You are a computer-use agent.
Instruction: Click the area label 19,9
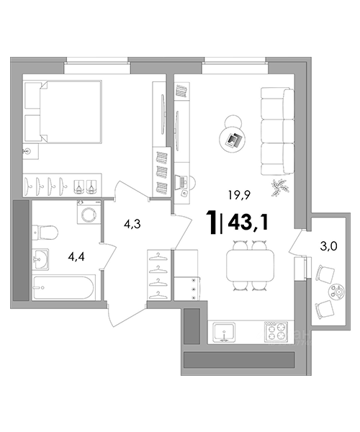tap(238, 195)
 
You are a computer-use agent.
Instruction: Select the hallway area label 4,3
tap(132, 224)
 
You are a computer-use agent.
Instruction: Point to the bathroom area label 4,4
tap(76, 257)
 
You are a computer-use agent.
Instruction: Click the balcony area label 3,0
tap(328, 246)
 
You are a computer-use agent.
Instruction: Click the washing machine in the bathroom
tap(89, 212)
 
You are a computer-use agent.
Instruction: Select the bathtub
tap(63, 287)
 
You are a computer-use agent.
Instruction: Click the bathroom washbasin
tap(40, 259)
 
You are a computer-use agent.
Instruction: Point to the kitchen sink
tap(225, 332)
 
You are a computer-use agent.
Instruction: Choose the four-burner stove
tap(276, 332)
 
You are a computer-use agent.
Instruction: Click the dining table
tap(250, 265)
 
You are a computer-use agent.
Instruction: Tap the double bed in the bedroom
tap(63, 112)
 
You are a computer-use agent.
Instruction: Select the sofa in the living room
tap(277, 131)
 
